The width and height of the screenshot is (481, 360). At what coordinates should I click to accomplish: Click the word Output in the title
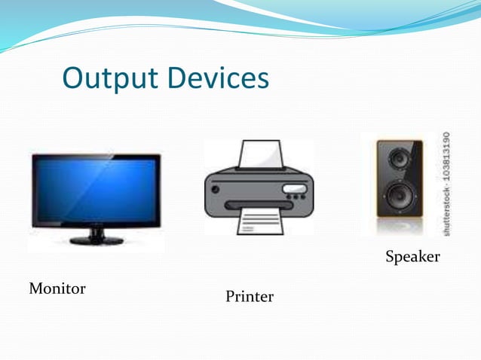[112, 78]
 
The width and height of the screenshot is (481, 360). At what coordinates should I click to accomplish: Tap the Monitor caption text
[57, 288]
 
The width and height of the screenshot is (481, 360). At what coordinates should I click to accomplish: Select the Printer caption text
[250, 297]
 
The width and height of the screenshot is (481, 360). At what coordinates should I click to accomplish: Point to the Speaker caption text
[412, 258]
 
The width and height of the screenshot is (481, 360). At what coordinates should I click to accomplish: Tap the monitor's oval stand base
[97, 240]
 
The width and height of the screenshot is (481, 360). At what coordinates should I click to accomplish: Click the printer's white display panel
[294, 188]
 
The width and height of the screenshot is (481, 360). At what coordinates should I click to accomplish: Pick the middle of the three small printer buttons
[296, 197]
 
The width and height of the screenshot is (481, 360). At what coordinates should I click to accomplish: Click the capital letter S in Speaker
[391, 258]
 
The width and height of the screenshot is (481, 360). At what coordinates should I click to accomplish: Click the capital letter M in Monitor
[35, 288]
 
